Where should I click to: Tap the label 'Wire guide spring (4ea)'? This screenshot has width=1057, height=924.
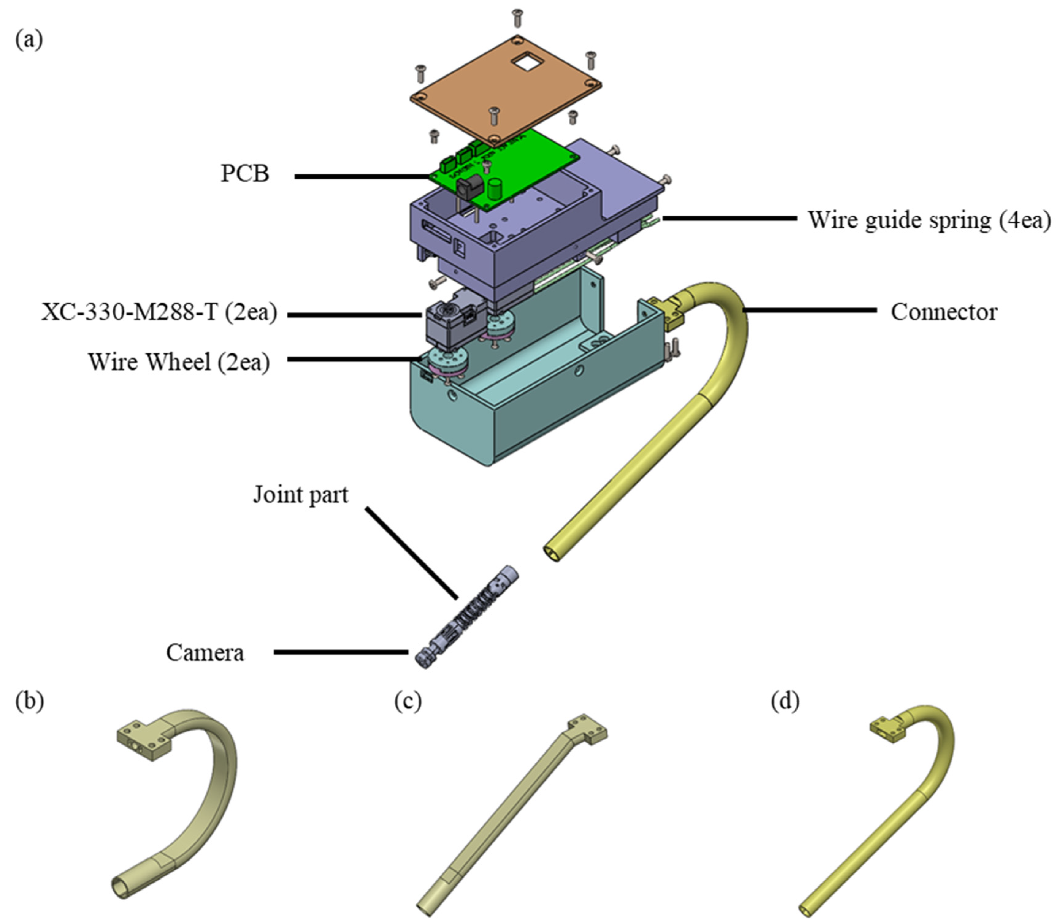coord(929,220)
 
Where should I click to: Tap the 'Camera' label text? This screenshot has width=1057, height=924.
coord(205,653)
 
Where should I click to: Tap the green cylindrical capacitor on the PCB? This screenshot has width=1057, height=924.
coord(496,189)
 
